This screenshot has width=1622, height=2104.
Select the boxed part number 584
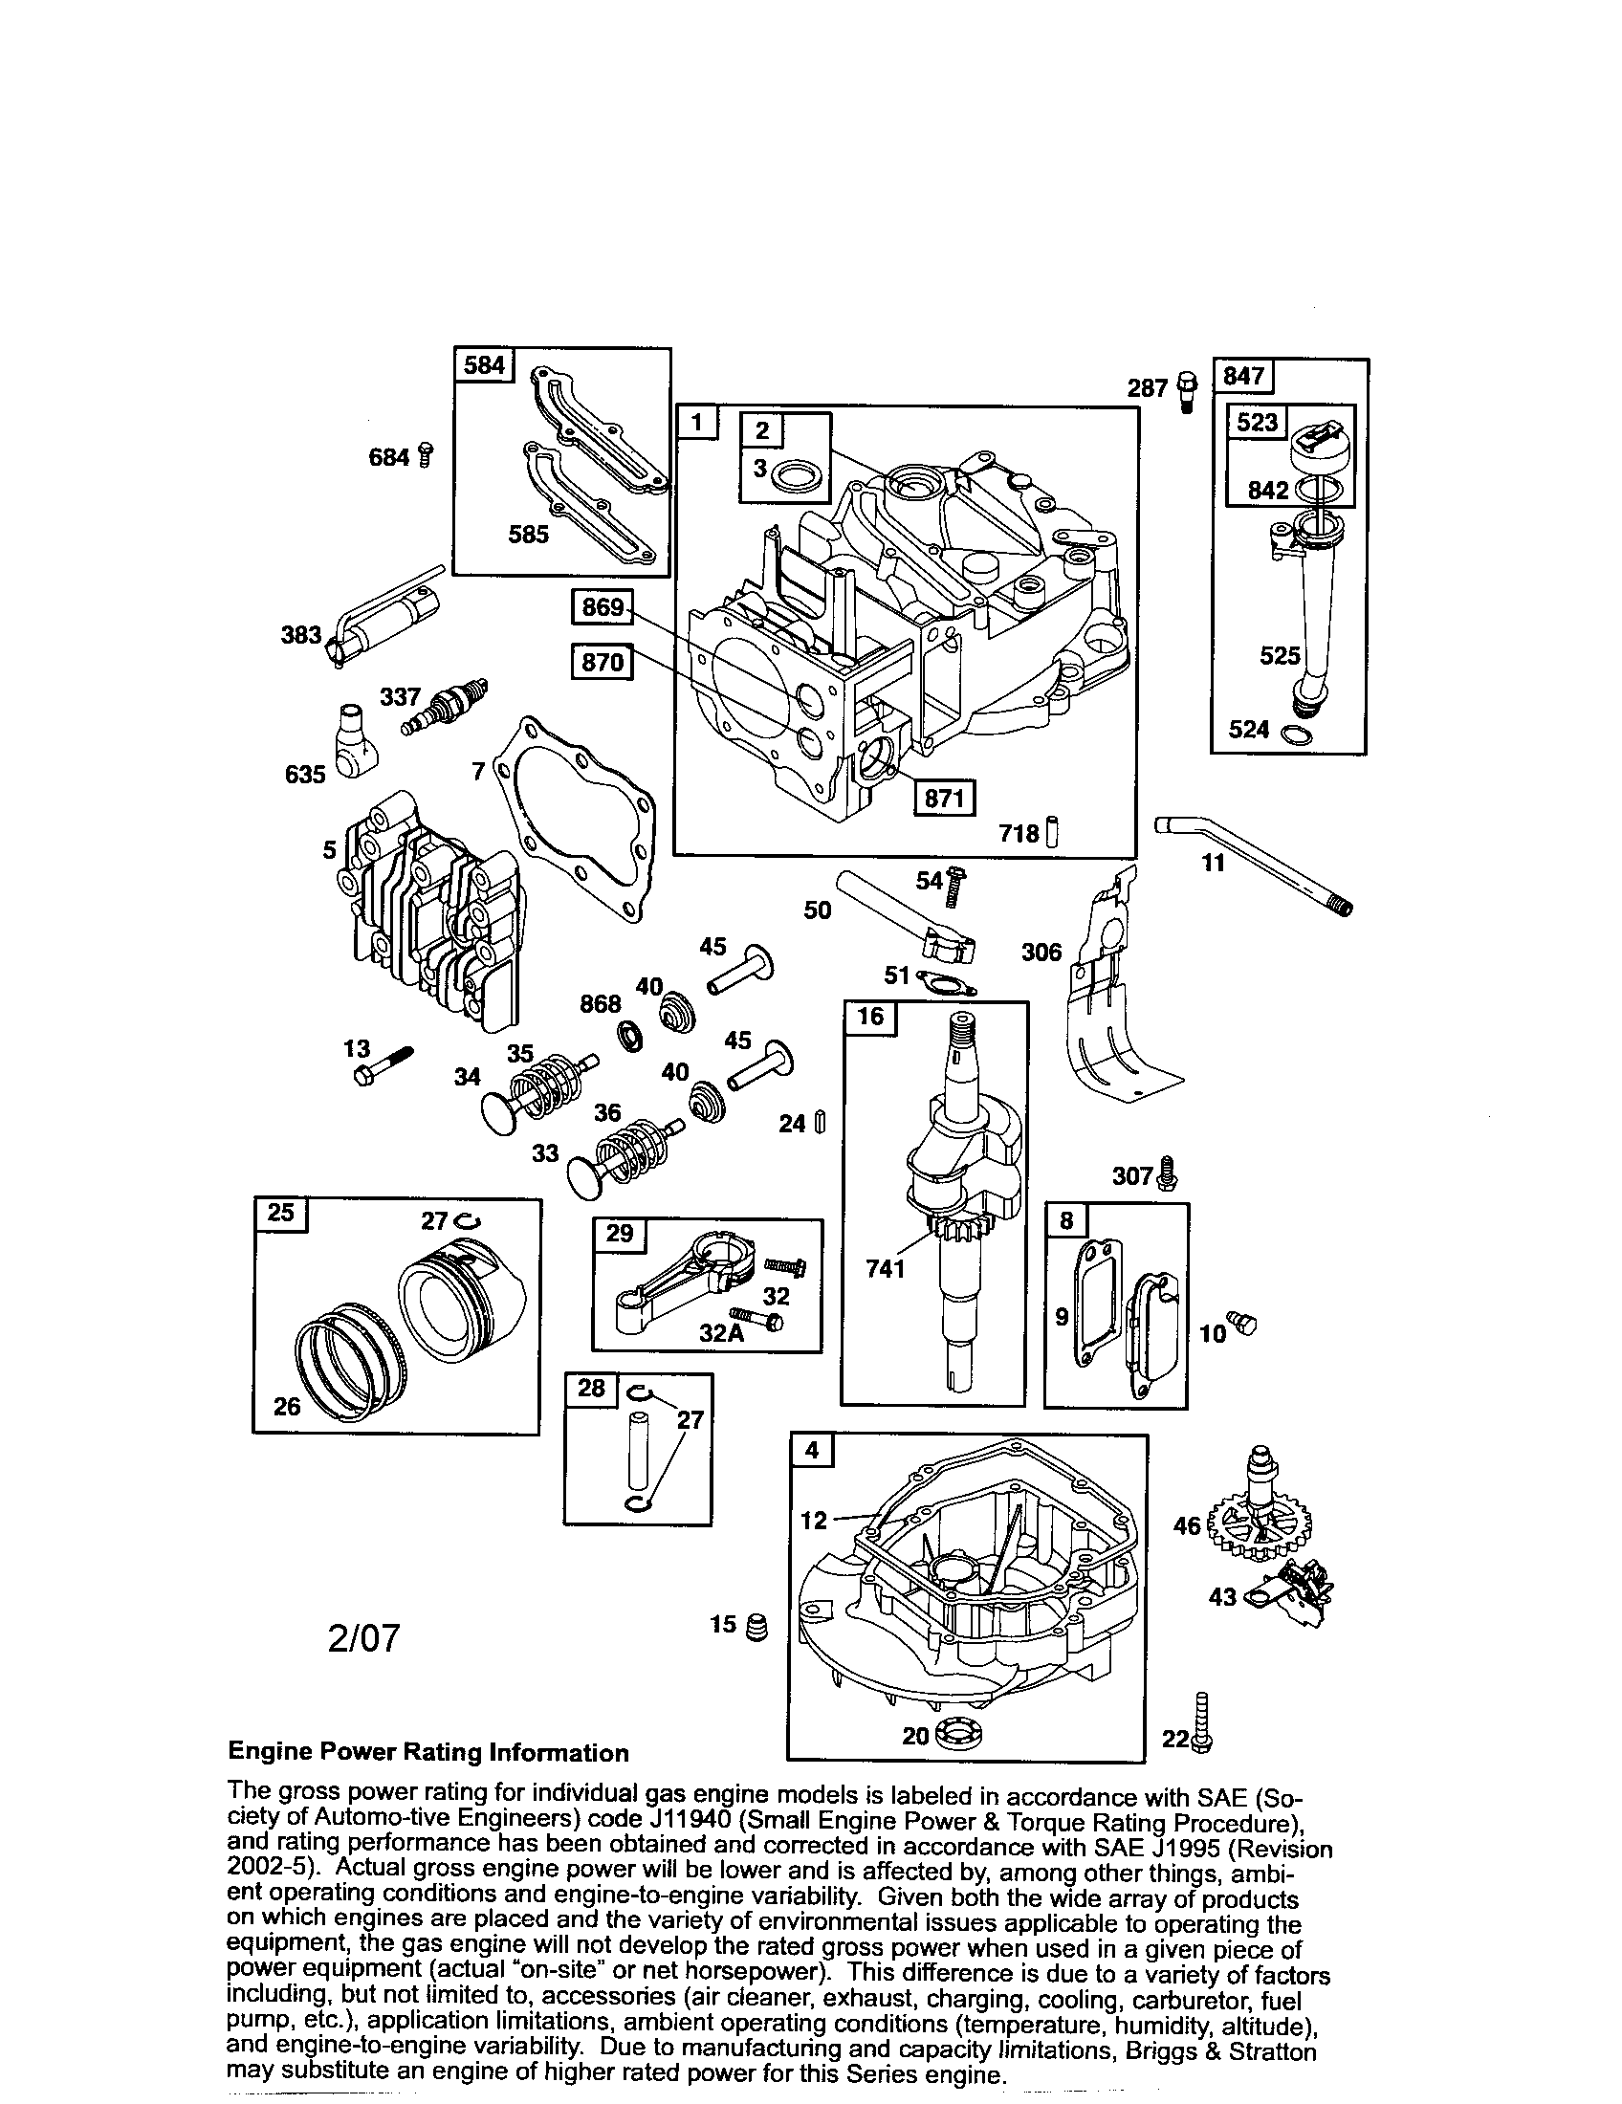coord(484,365)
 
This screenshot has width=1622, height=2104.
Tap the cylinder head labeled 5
coord(428,906)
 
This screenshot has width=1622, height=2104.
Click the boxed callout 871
coord(943,799)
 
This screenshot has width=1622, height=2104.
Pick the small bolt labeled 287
coord(1186,389)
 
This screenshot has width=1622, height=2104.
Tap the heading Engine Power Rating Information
coord(427,1752)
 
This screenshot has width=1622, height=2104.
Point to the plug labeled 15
coord(758,1627)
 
